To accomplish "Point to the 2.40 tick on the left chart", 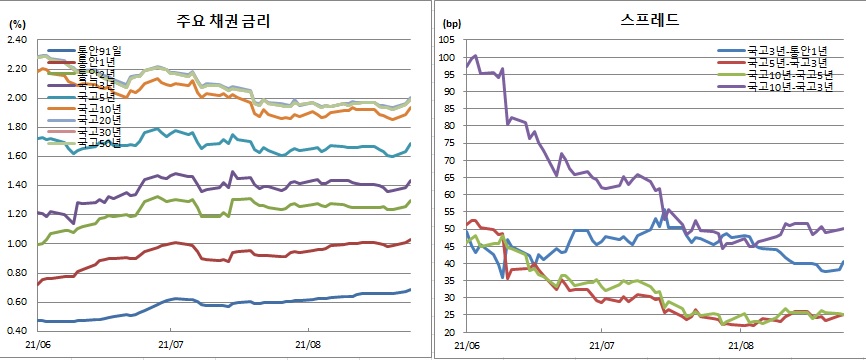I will coord(17,40).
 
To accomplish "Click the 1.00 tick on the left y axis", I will coord(17,244).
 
